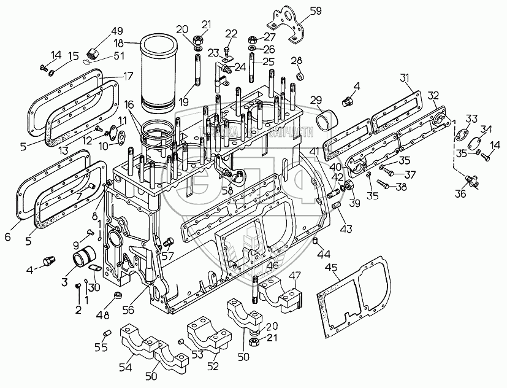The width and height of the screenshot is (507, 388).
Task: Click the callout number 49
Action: point(116,33)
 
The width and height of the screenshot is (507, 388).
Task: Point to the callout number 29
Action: point(316,100)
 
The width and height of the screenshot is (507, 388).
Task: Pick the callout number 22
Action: point(231,33)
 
